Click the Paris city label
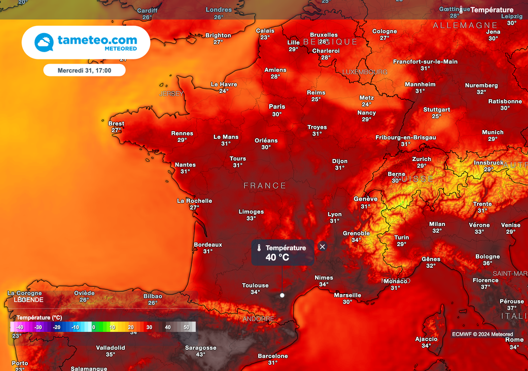tap(277, 107)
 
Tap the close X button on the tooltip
tap(322, 247)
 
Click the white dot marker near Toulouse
tap(282, 295)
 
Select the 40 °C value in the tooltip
tap(277, 257)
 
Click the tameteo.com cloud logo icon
tap(44, 42)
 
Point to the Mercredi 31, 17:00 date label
tap(84, 70)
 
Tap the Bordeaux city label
tap(208, 245)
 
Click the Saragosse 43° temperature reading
tap(201, 354)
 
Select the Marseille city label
tap(348, 295)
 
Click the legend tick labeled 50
tap(186, 327)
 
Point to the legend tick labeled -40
tap(20, 327)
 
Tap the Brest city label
tap(116, 123)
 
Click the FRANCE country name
tap(265, 186)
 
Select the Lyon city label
tap(335, 214)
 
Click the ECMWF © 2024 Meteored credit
tap(483, 334)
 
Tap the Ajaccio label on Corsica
tap(426, 339)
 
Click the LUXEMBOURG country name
tap(365, 72)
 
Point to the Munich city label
tap(492, 133)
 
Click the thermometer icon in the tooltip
tap(259, 248)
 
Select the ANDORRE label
tap(258, 319)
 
